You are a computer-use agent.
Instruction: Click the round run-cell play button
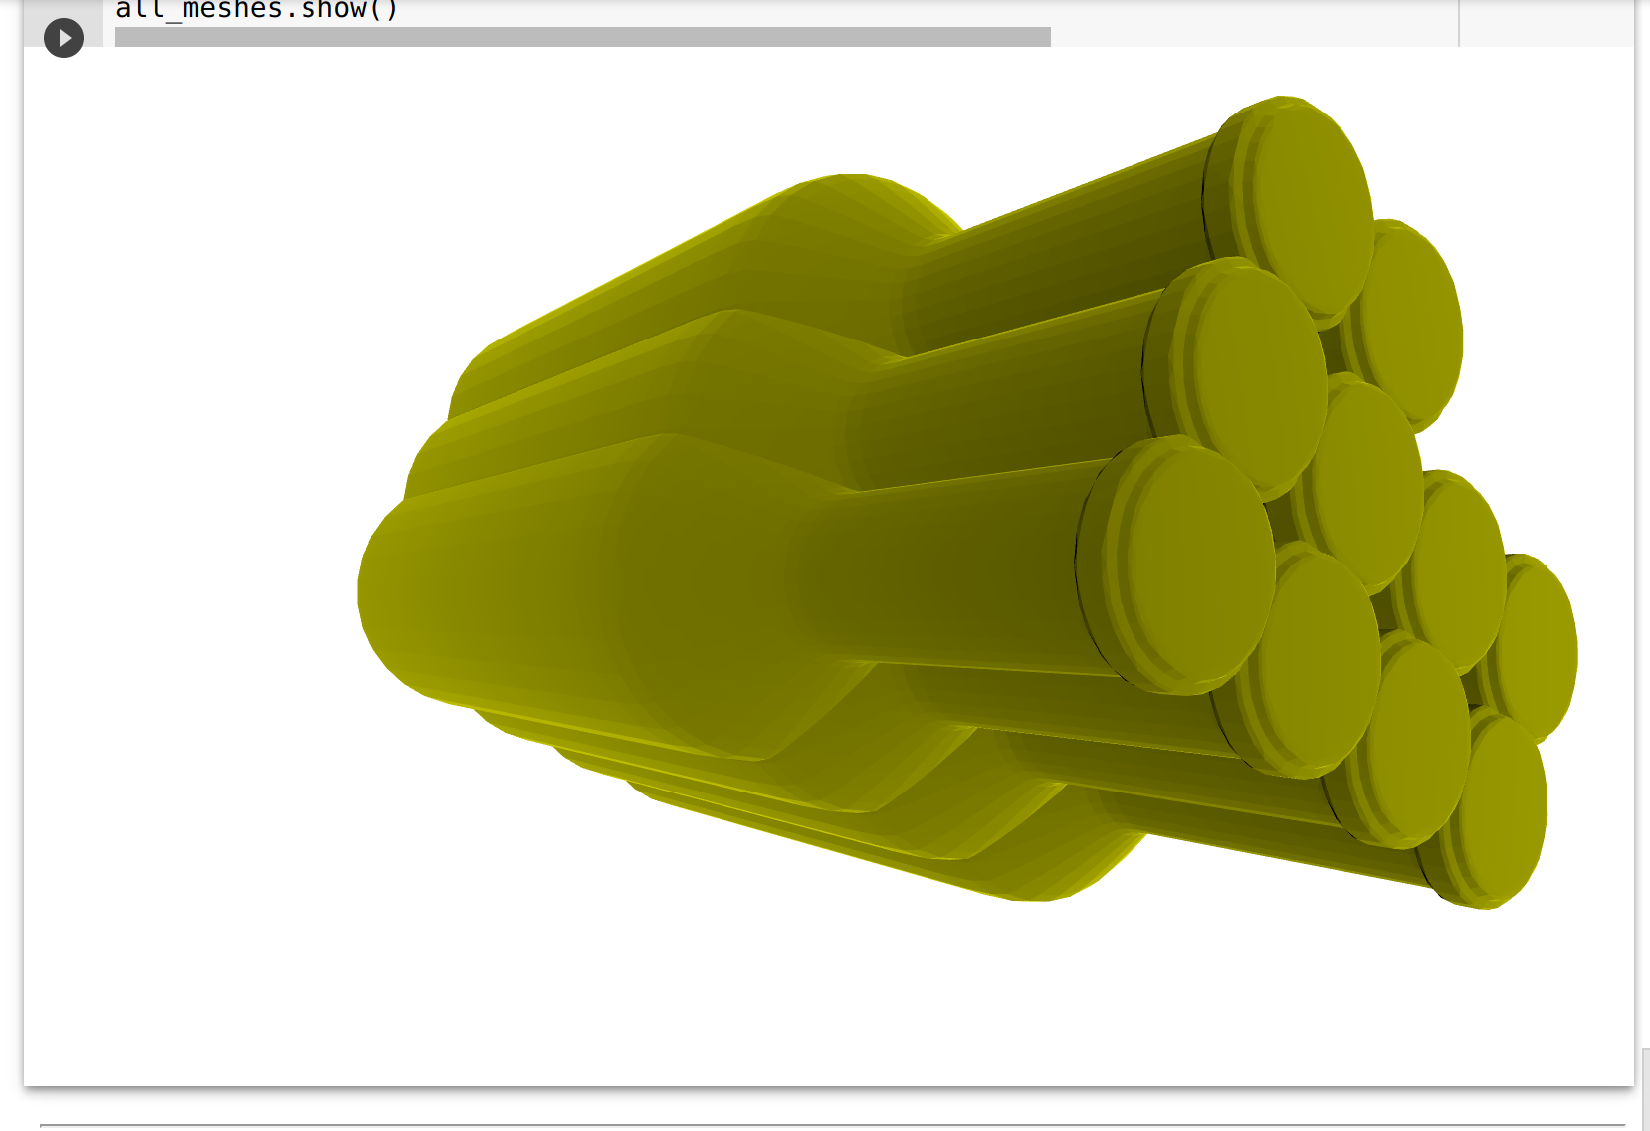click(x=64, y=38)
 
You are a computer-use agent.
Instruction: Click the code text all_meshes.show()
click(x=257, y=10)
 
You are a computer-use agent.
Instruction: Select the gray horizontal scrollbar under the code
click(x=582, y=37)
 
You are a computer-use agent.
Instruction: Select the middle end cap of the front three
click(x=1259, y=373)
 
